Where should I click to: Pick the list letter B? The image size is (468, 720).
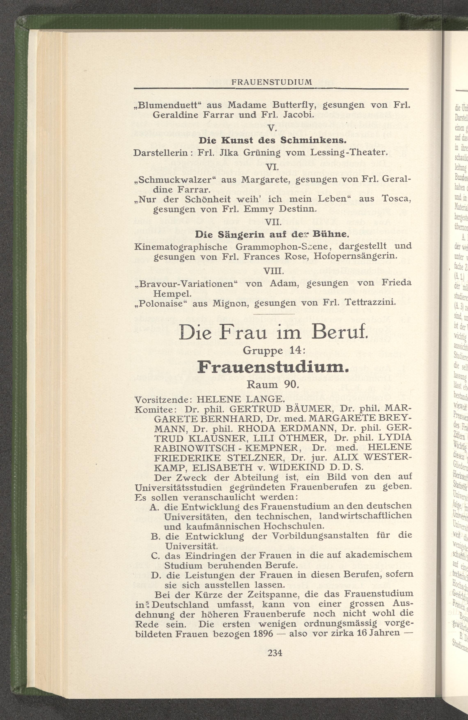155,536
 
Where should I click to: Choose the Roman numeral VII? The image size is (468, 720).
273,223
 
